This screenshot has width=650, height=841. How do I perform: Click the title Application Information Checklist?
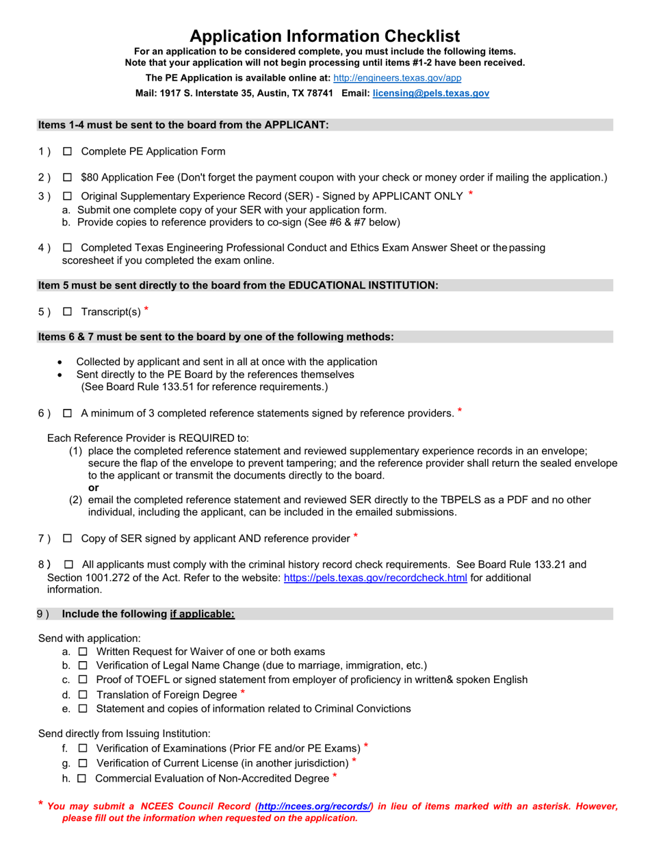324,36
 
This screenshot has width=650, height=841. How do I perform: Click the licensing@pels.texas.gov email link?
430,93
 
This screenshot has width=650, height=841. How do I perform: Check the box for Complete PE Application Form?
67,151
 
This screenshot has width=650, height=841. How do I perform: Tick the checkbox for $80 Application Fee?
67,177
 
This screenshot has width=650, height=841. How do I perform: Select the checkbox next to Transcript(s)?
67,312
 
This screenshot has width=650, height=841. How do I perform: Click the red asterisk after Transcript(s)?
146,310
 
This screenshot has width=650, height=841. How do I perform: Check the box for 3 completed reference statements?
67,413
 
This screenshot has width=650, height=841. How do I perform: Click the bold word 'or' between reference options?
94,488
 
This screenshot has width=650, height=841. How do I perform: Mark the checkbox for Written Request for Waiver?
83,652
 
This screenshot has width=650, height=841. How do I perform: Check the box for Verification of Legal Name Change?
83,666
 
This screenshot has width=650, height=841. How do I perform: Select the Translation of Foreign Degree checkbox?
83,695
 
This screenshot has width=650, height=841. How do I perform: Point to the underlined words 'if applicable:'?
203,614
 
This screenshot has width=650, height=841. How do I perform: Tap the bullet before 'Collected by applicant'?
62,362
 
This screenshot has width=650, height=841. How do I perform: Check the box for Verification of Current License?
83,762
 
